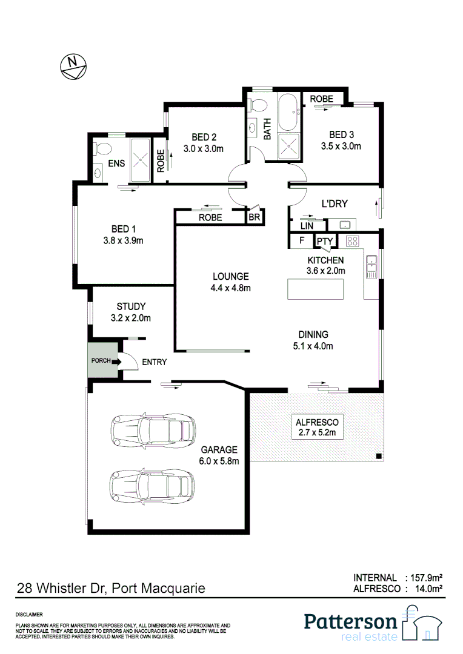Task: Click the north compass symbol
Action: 72,66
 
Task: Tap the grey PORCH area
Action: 101,361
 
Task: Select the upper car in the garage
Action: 153,431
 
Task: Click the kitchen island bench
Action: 316,289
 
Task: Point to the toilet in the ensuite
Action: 102,149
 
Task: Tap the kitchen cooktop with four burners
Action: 353,241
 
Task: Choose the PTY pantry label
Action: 325,242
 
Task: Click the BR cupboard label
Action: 255,217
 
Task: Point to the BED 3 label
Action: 341,134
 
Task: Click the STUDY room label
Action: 130,306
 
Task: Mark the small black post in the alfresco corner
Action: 378,456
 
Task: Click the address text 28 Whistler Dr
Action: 61,588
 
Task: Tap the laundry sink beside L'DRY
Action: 345,225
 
